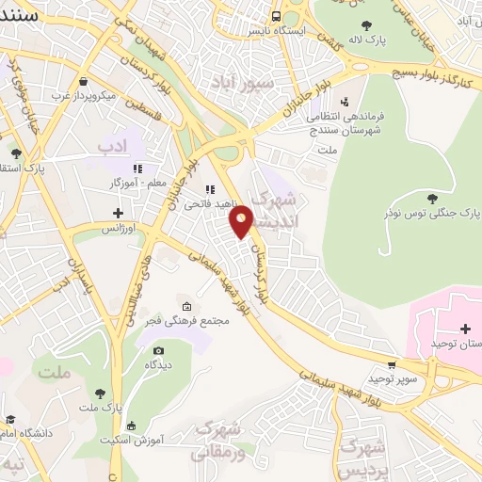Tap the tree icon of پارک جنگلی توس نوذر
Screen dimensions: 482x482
click(431, 198)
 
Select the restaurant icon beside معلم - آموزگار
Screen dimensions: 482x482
click(138, 169)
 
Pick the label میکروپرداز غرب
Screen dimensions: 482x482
click(110, 96)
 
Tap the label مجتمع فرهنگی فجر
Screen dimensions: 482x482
click(188, 321)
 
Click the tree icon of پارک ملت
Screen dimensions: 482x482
click(101, 393)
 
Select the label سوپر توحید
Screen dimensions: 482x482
click(393, 378)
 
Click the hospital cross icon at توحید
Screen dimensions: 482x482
click(465, 328)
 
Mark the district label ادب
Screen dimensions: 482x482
click(111, 148)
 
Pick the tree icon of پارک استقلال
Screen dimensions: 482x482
click(14, 152)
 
